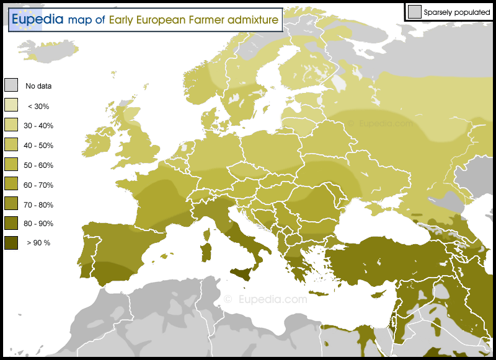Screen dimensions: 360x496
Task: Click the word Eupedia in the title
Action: [37, 19]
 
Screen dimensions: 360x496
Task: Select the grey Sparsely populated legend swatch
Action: [414, 11]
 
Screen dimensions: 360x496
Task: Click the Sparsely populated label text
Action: [458, 12]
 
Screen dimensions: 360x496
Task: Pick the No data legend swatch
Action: [11, 86]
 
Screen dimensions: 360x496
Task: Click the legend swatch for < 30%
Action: [11, 105]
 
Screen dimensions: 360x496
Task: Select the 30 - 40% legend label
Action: [38, 126]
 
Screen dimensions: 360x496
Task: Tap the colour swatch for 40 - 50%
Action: [11, 145]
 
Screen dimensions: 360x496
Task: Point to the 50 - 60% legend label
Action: [38, 165]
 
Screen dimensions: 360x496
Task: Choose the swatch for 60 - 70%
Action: [11, 185]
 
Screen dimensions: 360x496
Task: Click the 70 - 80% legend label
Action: [38, 205]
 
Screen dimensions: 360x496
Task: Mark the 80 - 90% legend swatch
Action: [11, 223]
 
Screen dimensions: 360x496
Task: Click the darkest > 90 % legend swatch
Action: [11, 243]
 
